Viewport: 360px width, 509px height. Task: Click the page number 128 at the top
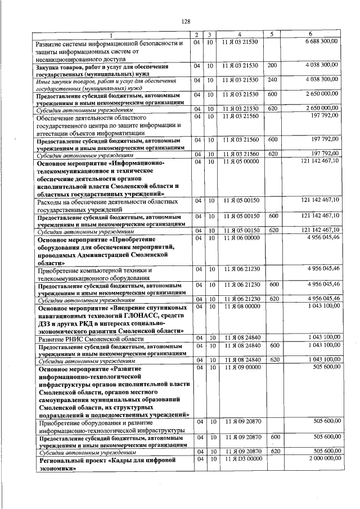[186, 21]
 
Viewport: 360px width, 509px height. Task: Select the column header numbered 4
[240, 35]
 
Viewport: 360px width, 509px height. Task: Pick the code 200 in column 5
[273, 66]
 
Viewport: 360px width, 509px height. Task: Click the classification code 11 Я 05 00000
[240, 161]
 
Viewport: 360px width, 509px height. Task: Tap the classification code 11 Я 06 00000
[240, 238]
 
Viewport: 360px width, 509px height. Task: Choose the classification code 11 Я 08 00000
[240, 306]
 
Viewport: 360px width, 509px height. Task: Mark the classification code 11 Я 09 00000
[240, 367]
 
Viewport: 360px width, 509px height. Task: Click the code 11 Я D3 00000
[240, 458]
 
